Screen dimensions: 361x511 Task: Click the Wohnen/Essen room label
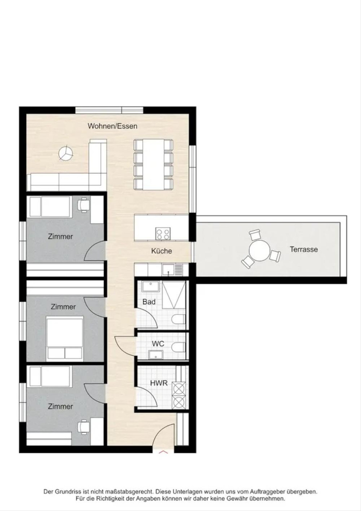click(x=113, y=126)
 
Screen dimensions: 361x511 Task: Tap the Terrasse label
click(x=304, y=249)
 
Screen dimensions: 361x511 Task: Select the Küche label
click(x=162, y=251)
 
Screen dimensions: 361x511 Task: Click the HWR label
click(x=159, y=383)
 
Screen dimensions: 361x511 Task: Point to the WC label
click(x=158, y=344)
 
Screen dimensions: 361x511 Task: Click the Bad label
click(x=149, y=302)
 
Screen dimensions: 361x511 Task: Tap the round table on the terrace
click(x=259, y=251)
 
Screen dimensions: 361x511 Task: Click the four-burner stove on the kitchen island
click(x=163, y=234)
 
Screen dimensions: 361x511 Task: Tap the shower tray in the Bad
click(x=174, y=295)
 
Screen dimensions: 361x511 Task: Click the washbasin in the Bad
click(x=151, y=287)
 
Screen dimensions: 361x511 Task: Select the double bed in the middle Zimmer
click(x=65, y=338)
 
